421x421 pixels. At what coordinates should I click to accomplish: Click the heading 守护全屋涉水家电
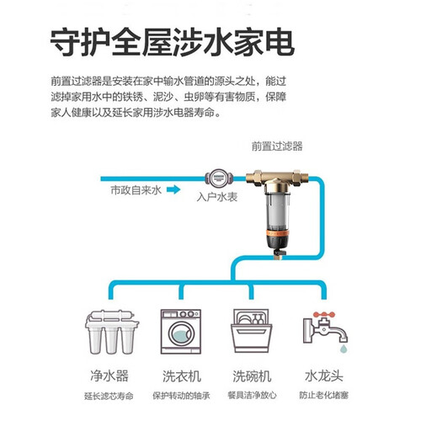click(173, 42)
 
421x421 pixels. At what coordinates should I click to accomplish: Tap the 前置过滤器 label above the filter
click(277, 147)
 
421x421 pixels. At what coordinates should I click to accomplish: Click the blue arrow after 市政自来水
click(173, 189)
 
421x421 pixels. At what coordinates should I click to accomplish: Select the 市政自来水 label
click(136, 190)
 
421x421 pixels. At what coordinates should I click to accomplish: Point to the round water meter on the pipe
click(219, 178)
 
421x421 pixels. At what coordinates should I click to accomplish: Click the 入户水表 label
click(217, 197)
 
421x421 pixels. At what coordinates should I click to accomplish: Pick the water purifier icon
click(112, 332)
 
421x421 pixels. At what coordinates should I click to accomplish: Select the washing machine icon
click(181, 332)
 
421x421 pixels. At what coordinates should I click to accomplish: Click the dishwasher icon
click(252, 331)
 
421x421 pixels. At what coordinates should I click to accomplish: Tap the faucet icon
click(325, 328)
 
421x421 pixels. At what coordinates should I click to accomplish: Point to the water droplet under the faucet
click(343, 349)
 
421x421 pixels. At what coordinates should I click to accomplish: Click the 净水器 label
click(109, 376)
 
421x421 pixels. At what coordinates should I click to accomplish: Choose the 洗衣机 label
click(182, 376)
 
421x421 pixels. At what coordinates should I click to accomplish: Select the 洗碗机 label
click(252, 376)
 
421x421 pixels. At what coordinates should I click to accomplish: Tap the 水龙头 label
click(324, 376)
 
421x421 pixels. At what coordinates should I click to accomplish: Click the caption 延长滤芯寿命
click(109, 397)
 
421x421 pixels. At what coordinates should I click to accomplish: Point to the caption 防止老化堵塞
click(323, 396)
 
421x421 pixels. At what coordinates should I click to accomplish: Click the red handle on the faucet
click(324, 314)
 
